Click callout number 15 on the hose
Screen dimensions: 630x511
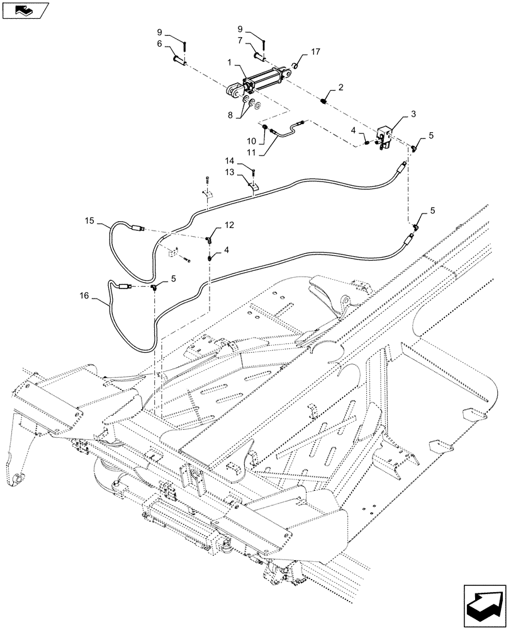tap(89, 221)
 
